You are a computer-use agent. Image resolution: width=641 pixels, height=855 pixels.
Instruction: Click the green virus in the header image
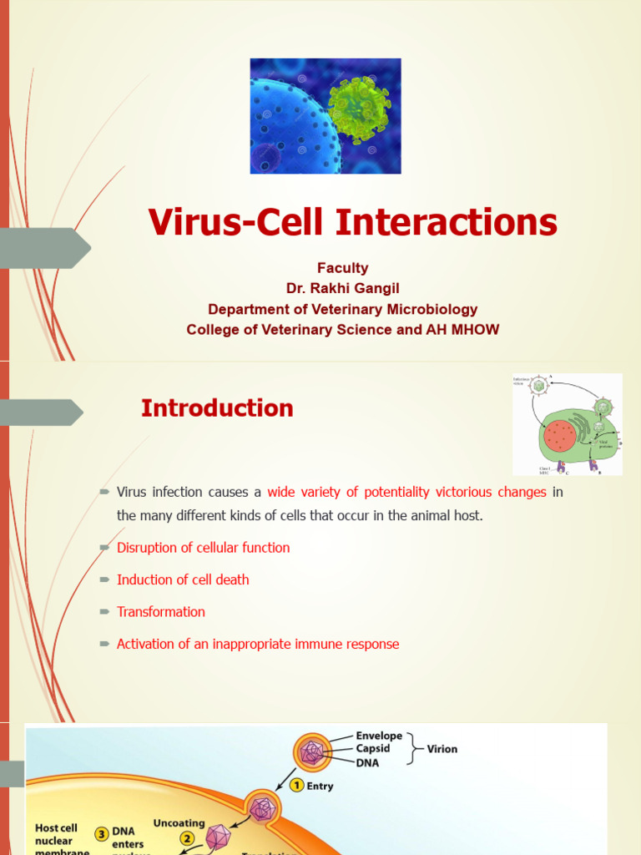tap(360, 108)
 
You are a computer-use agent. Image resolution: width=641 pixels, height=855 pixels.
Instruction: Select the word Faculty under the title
tap(342, 268)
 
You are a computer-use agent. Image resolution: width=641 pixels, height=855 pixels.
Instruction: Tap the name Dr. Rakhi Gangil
tap(342, 288)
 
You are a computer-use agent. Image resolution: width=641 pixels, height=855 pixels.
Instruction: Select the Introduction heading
tap(217, 408)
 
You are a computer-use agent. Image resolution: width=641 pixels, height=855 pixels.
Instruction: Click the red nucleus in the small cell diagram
tap(559, 436)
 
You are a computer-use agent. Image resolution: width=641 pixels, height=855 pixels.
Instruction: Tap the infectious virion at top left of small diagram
tap(539, 385)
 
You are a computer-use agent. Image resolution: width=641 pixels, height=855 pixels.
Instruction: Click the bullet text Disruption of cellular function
tap(203, 548)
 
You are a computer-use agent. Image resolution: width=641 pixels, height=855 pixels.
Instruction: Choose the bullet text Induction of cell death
tap(183, 579)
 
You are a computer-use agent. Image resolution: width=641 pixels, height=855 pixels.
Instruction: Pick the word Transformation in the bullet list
tap(160, 612)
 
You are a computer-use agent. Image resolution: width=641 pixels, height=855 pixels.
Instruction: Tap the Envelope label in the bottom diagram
tap(379, 736)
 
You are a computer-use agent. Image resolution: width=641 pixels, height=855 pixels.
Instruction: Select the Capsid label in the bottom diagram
tap(373, 749)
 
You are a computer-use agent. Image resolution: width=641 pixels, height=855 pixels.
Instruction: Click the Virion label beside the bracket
tap(442, 749)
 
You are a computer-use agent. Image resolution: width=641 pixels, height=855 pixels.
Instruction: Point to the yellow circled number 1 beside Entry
tap(296, 786)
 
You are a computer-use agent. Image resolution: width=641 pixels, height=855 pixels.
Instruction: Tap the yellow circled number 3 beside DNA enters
tap(100, 832)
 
